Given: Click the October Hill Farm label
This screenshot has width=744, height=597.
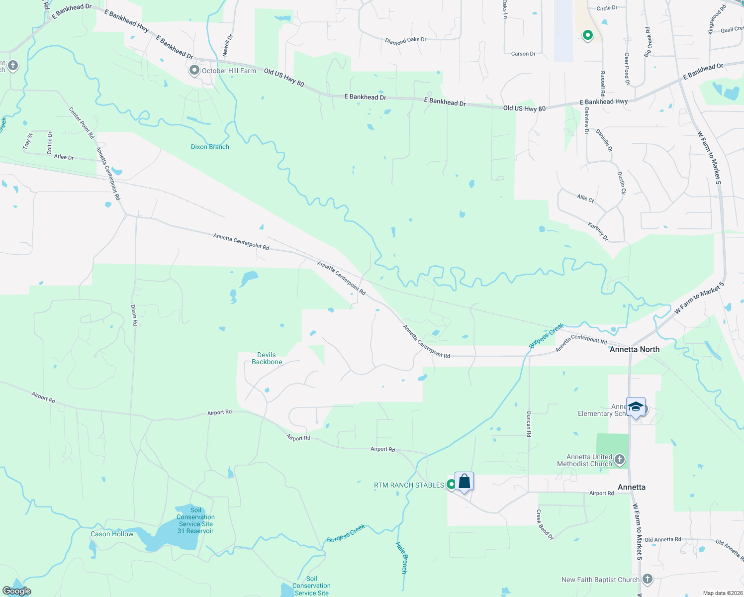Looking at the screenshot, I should pyautogui.click(x=229, y=71).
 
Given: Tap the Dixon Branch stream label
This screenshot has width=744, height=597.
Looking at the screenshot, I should pyautogui.click(x=210, y=147).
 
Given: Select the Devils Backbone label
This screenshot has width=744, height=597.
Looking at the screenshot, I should pyautogui.click(x=267, y=358).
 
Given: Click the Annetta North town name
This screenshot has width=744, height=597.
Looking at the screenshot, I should pyautogui.click(x=635, y=349).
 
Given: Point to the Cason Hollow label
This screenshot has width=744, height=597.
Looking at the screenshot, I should pyautogui.click(x=112, y=534).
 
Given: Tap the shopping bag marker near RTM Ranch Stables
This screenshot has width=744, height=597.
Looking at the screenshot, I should pyautogui.click(x=464, y=482).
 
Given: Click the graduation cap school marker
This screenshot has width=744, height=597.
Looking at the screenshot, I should pyautogui.click(x=636, y=407).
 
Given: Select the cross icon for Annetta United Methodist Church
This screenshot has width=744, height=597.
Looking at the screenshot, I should pyautogui.click(x=619, y=459).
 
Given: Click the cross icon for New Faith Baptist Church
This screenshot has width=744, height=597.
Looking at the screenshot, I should pyautogui.click(x=647, y=579).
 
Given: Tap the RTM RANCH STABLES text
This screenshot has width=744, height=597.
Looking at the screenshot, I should pyautogui.click(x=409, y=485).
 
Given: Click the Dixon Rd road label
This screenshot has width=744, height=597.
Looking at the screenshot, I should pyautogui.click(x=134, y=315).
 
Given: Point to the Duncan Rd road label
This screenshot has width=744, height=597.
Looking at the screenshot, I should pyautogui.click(x=529, y=424).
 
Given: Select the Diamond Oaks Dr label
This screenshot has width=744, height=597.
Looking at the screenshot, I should pyautogui.click(x=406, y=40).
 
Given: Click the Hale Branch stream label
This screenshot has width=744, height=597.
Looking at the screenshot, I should pyautogui.click(x=402, y=557).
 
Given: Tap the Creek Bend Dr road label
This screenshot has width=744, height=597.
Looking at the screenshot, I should pyautogui.click(x=545, y=524).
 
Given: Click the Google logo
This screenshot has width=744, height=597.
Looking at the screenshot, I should pyautogui.click(x=17, y=591).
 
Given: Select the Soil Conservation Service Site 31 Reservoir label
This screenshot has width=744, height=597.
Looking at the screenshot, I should pyautogui.click(x=196, y=520).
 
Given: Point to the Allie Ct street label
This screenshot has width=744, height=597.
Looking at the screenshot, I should pyautogui.click(x=585, y=199).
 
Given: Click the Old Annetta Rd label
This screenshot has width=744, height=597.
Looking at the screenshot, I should pyautogui.click(x=662, y=539).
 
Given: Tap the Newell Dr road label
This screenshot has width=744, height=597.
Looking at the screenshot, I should pyautogui.click(x=227, y=45).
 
